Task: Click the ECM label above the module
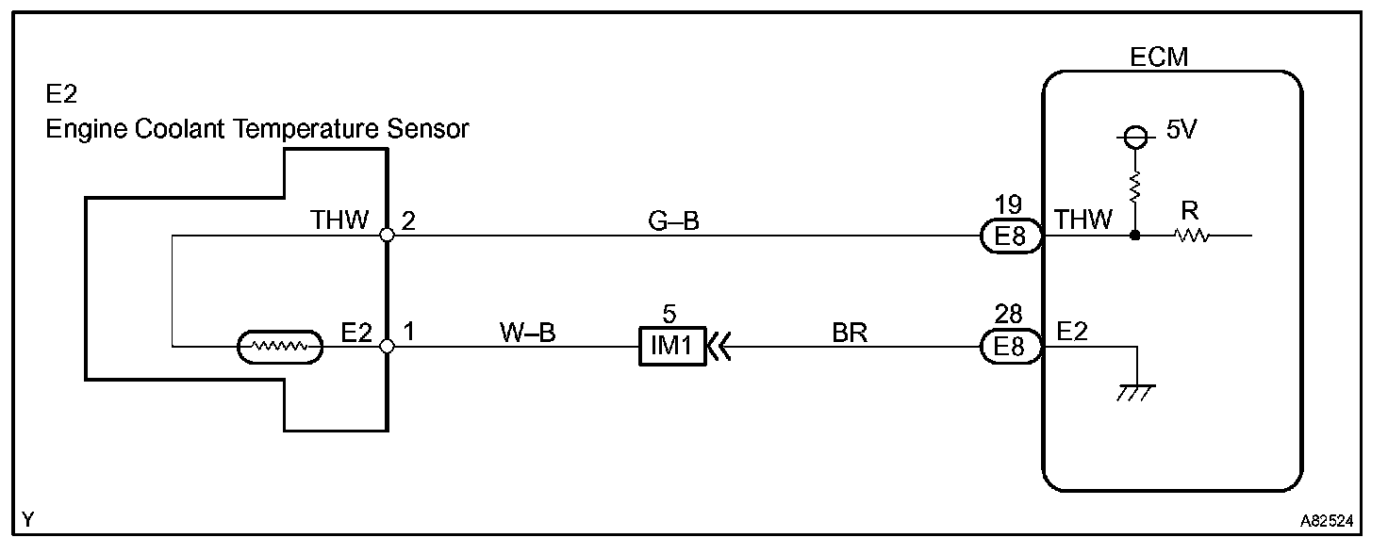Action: (1159, 57)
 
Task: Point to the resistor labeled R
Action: (1193, 236)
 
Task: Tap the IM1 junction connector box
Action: (672, 347)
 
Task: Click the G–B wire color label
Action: (673, 222)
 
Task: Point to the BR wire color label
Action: (850, 334)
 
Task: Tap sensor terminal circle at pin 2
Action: (387, 236)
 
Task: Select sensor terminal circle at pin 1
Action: (387, 347)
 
